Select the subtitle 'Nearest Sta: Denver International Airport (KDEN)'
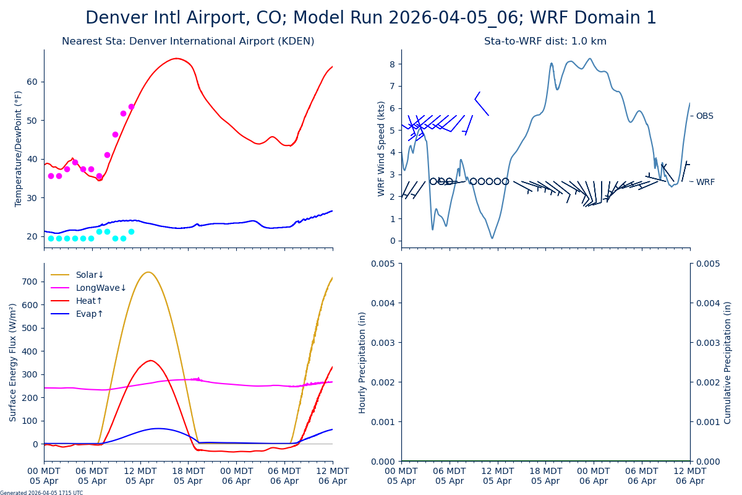click(x=188, y=41)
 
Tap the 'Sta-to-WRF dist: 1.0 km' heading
click(x=545, y=41)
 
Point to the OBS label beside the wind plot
click(x=704, y=116)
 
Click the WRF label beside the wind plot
click(x=705, y=182)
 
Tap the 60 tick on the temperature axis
click(x=32, y=82)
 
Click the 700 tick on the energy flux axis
click(x=30, y=282)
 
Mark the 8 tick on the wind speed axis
click(x=391, y=64)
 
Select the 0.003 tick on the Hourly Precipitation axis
click(x=383, y=342)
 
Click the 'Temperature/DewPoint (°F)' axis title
click(x=19, y=148)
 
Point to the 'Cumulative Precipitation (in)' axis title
click(x=728, y=362)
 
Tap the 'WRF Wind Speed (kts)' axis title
click(x=382, y=148)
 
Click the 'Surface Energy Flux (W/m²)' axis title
click(x=13, y=362)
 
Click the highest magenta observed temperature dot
click(x=131, y=106)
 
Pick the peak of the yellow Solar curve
click(x=148, y=272)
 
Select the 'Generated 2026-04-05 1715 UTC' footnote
click(x=41, y=493)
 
